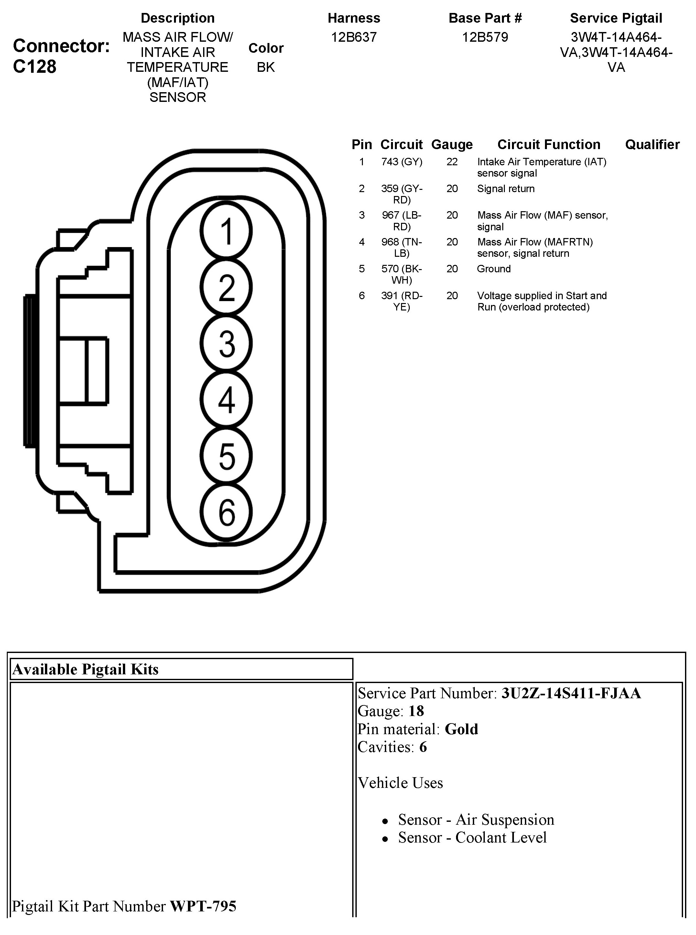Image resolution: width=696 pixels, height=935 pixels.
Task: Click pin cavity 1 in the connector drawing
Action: point(226,231)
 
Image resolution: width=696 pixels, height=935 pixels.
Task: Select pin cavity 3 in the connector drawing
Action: point(226,343)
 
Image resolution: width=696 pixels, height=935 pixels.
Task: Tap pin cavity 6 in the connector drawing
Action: point(226,512)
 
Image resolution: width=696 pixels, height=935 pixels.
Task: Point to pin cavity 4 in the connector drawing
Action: point(226,399)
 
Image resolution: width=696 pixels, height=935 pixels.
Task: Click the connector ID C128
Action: point(35,67)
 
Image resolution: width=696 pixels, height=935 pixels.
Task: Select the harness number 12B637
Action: point(353,37)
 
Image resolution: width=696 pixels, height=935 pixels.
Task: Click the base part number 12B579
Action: point(485,37)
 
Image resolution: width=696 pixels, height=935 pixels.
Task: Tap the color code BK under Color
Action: point(266,67)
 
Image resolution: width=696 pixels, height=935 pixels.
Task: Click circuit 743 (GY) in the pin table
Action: point(401,162)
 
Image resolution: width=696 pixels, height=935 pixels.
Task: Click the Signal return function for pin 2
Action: point(506,189)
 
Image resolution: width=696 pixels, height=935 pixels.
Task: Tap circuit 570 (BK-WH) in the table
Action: point(401,274)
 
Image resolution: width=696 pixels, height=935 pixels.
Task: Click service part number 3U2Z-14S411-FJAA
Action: point(571,693)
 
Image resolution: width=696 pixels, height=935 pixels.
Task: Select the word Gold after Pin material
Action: point(461,729)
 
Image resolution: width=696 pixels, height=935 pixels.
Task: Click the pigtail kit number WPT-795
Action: point(203,906)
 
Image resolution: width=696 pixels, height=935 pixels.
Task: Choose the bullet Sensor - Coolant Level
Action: point(472,837)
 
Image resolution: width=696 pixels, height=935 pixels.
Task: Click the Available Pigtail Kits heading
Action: point(85,669)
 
